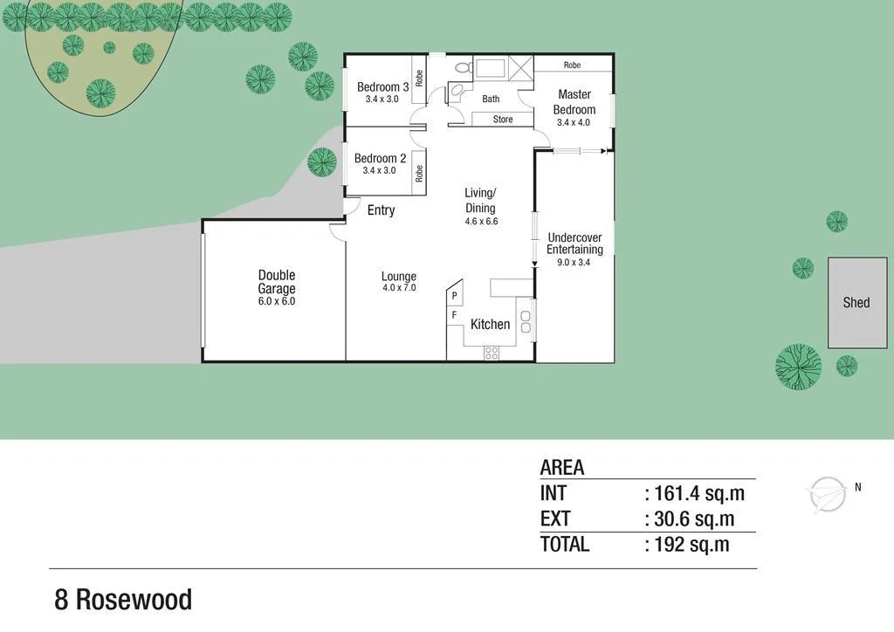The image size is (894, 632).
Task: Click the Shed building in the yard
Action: click(856, 302)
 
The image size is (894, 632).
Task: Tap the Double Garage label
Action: click(276, 282)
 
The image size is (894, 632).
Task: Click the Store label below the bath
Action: click(503, 120)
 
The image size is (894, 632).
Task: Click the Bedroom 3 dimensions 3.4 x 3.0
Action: click(382, 100)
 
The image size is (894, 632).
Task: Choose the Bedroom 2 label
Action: click(380, 159)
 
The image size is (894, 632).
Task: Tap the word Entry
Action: click(381, 210)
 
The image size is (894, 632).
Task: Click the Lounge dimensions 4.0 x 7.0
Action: click(399, 288)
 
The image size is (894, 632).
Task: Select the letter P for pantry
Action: click(455, 296)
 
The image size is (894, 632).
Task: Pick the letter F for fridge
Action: click(454, 315)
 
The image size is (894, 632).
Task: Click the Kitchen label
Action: click(490, 325)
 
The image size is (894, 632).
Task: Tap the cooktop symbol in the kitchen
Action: click(492, 354)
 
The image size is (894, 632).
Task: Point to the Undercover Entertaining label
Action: click(574, 244)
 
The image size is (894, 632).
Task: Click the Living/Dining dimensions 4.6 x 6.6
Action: click(480, 222)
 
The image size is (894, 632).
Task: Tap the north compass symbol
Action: click(826, 495)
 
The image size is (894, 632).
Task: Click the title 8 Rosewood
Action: click(123, 601)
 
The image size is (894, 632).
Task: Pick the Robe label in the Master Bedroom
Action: click(572, 65)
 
